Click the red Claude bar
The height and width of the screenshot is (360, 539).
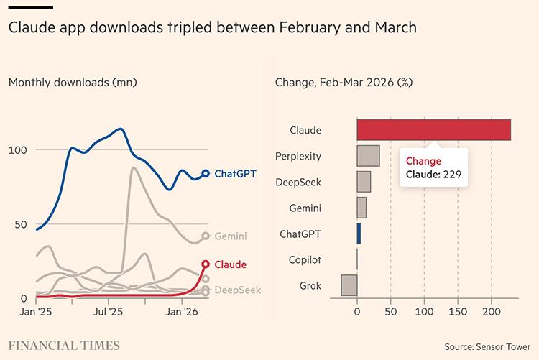pyautogui.click(x=433, y=130)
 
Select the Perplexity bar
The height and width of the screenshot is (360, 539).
pyautogui.click(x=368, y=156)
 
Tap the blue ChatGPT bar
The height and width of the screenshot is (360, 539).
pyautogui.click(x=359, y=234)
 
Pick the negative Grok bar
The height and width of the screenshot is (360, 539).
pyautogui.click(x=349, y=285)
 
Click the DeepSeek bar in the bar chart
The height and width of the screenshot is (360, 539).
pyautogui.click(x=364, y=182)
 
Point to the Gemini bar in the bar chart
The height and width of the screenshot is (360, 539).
pyautogui.click(x=361, y=208)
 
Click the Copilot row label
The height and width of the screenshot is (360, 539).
pyautogui.click(x=305, y=259)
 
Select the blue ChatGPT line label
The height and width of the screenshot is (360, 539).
pyautogui.click(x=236, y=173)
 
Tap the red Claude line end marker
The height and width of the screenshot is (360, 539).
pyautogui.click(x=206, y=264)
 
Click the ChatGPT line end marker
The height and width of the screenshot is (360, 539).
pyautogui.click(x=206, y=173)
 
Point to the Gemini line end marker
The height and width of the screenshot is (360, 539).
pyautogui.click(x=206, y=236)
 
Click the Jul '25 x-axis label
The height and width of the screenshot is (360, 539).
pyautogui.click(x=109, y=313)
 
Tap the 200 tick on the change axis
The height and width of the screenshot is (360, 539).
pyautogui.click(x=491, y=313)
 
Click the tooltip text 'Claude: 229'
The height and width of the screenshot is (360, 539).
pyautogui.click(x=433, y=174)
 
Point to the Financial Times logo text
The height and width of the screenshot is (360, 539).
pyautogui.click(x=64, y=346)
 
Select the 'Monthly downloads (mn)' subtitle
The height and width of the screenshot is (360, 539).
pyautogui.click(x=73, y=82)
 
